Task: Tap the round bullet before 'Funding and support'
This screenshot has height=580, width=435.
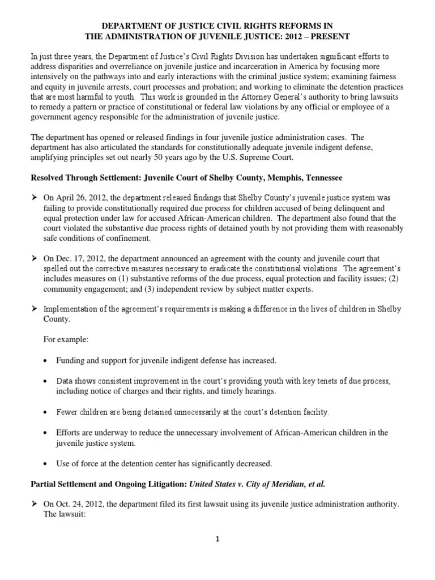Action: pyautogui.click(x=44, y=360)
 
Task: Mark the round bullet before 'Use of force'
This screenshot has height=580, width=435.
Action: pyautogui.click(x=44, y=463)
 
